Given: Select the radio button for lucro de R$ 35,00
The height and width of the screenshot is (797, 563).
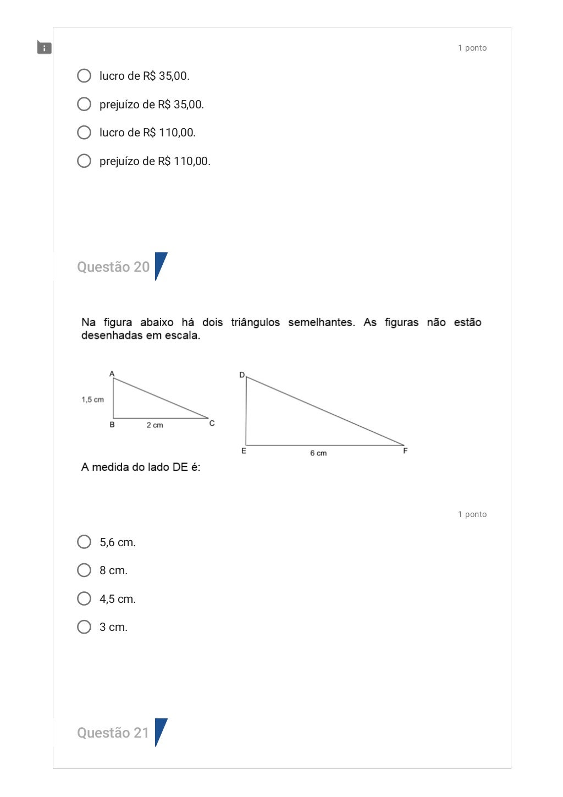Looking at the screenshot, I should (84, 76).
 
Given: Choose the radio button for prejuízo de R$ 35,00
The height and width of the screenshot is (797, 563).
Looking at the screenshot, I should (84, 105).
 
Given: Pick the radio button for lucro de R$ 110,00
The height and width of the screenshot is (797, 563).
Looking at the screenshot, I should (84, 133).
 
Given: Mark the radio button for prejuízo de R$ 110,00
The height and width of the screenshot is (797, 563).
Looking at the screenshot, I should (84, 161).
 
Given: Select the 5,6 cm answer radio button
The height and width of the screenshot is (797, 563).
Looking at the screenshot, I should (84, 542).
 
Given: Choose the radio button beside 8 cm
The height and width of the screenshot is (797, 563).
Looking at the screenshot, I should (84, 570).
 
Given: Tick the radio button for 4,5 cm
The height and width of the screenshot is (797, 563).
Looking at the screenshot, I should (84, 599).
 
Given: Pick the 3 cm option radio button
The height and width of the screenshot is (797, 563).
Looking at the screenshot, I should (84, 627).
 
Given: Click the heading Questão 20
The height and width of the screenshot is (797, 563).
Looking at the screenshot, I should (113, 267).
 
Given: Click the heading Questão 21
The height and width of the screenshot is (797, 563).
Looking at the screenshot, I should (113, 733).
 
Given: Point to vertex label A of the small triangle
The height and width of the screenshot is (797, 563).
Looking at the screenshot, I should (112, 374).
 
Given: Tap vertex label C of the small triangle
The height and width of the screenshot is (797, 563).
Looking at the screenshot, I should (212, 423).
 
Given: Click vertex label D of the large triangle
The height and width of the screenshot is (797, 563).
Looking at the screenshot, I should (241, 375).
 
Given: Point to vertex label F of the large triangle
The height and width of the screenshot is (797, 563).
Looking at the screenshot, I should (405, 451).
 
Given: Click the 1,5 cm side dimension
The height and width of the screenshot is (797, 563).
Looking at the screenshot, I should (93, 400).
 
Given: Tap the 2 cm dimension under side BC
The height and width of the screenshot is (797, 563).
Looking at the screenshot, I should (154, 425).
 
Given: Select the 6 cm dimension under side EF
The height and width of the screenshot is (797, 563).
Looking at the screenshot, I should (318, 453).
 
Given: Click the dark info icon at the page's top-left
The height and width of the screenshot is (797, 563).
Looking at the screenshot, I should (44, 48).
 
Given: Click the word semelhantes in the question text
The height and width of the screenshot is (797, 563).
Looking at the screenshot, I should (321, 322).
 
